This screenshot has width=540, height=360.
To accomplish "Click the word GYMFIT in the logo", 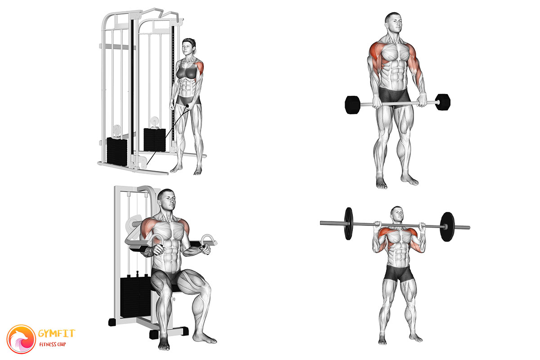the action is [57, 333].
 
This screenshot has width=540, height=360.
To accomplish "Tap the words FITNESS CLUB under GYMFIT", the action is [53, 344].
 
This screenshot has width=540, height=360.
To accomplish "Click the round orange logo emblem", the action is [21, 339].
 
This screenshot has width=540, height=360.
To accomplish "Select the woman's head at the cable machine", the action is [189, 46].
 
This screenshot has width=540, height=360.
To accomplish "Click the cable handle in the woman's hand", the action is [187, 106].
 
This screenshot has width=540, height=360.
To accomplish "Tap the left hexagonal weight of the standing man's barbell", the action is [352, 105].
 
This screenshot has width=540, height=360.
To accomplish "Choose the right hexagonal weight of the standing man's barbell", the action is [443, 102].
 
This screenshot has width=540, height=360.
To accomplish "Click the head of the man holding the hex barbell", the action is [393, 22].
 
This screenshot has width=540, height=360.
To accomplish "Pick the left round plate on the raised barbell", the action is [349, 224].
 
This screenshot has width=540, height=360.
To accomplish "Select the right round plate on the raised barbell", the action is [447, 227].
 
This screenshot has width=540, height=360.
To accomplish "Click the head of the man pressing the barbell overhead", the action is [397, 214].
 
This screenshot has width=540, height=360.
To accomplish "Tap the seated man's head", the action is [166, 200].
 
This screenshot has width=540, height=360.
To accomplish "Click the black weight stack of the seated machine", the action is [135, 297].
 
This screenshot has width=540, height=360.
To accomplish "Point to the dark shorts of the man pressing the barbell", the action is [399, 273].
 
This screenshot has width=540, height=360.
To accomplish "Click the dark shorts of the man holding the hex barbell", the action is [394, 95].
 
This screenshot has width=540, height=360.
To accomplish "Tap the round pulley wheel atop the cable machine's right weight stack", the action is [154, 121].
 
